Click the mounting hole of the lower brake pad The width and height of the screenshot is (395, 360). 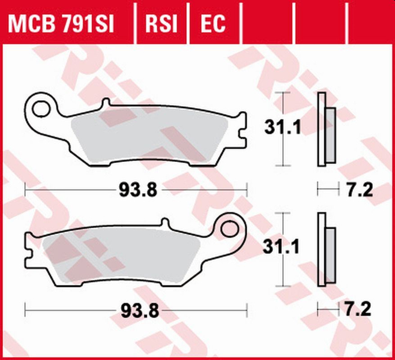coord(230,229)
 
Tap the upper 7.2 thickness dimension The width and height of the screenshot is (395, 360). coord(361,191)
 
